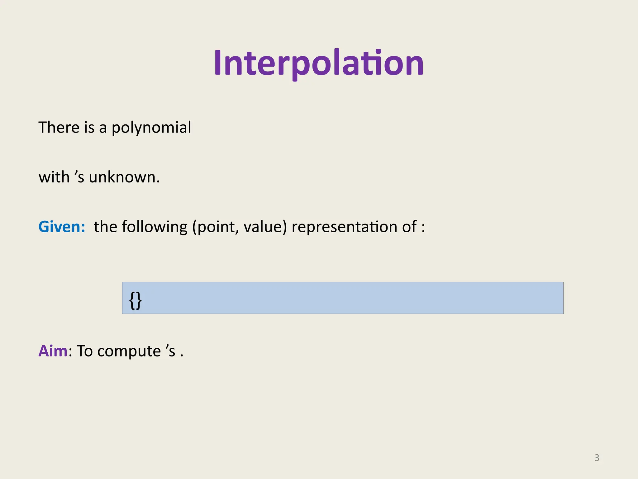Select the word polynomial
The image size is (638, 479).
(151, 128)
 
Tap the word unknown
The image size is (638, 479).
(124, 177)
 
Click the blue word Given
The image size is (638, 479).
(61, 227)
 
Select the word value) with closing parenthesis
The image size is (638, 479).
(265, 227)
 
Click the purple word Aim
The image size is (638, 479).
(53, 351)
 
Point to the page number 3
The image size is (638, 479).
(597, 458)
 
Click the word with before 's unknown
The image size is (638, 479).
(54, 177)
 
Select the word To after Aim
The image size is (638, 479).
(84, 351)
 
